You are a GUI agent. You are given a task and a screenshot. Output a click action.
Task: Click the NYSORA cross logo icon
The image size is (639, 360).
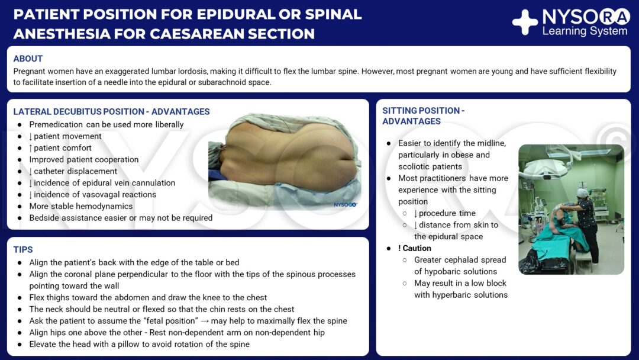525,22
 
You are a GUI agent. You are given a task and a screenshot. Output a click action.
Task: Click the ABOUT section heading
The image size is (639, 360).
28,59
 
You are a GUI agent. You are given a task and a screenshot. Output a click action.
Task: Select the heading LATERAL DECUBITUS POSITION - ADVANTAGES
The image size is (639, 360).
111,111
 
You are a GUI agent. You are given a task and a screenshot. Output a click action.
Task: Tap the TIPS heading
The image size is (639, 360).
23,250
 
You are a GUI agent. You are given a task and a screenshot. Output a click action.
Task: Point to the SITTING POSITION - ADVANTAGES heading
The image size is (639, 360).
423,115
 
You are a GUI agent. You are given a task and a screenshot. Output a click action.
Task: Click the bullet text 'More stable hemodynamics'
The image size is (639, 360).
81,206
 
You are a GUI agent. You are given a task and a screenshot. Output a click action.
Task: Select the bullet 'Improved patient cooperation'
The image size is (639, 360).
84,159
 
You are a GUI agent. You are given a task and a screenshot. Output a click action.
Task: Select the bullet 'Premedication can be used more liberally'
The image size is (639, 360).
106,124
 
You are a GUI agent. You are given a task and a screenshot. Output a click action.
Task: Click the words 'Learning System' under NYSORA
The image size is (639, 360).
585,31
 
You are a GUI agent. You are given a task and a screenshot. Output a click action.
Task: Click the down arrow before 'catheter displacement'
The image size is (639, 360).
31,171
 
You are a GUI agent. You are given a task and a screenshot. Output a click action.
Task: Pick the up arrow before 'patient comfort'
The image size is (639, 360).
31,148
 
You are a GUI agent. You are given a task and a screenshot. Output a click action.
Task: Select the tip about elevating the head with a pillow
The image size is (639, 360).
140,344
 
